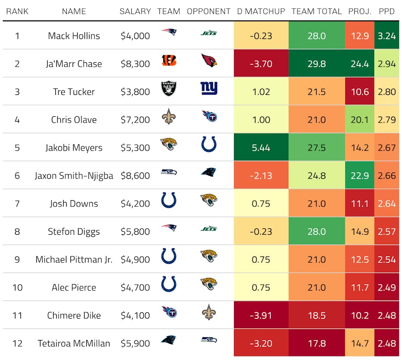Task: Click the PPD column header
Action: (387, 11)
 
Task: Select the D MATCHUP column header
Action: (261, 11)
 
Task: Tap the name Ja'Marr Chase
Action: (74, 64)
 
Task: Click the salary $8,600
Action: (135, 176)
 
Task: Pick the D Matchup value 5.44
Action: (261, 148)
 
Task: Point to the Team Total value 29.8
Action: (317, 64)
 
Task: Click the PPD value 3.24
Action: (387, 36)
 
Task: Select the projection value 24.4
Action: (360, 64)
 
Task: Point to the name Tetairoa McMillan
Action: (74, 343)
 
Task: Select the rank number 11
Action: (17, 316)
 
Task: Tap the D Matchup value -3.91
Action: (261, 316)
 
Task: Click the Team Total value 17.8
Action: (317, 343)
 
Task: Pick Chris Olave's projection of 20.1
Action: (360, 120)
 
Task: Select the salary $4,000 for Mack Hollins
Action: (135, 36)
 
